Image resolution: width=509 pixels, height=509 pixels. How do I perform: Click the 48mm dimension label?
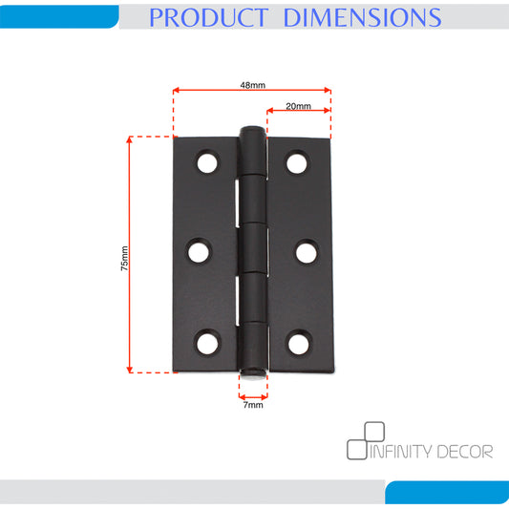[x=252, y=85]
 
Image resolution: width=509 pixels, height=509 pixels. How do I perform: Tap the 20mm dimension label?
[x=298, y=106]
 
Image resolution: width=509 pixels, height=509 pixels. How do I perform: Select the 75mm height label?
[x=124, y=259]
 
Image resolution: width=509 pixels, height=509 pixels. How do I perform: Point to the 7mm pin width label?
[x=253, y=405]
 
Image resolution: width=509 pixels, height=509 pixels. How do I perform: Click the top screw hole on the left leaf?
[x=207, y=162]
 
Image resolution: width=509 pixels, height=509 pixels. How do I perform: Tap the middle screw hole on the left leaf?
[x=199, y=252]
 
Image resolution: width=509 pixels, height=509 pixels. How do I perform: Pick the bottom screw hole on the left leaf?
[x=207, y=344]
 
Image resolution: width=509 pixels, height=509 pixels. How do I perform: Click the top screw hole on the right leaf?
[x=297, y=163]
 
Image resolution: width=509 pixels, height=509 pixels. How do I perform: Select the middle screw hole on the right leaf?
[x=307, y=253]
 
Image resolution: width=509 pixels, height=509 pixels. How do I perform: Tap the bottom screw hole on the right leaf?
[x=299, y=344]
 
